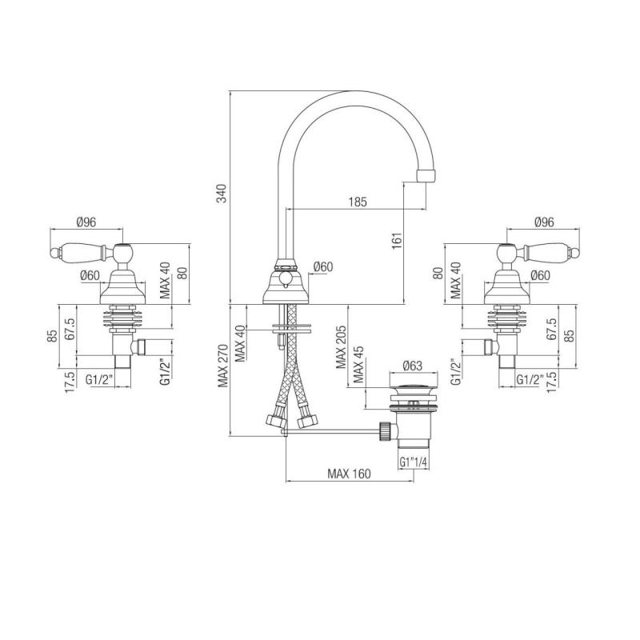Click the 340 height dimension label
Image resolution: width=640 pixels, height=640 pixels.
223,193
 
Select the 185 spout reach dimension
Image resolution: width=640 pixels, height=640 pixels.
358,203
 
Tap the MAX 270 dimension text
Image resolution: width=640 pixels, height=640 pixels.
223,366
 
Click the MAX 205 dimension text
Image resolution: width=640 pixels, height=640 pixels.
342,346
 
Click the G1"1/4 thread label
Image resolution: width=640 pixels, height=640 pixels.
414,463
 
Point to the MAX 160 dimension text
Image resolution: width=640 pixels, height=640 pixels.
350,474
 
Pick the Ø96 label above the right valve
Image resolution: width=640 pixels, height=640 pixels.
546,222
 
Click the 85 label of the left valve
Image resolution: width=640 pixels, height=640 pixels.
51,335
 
